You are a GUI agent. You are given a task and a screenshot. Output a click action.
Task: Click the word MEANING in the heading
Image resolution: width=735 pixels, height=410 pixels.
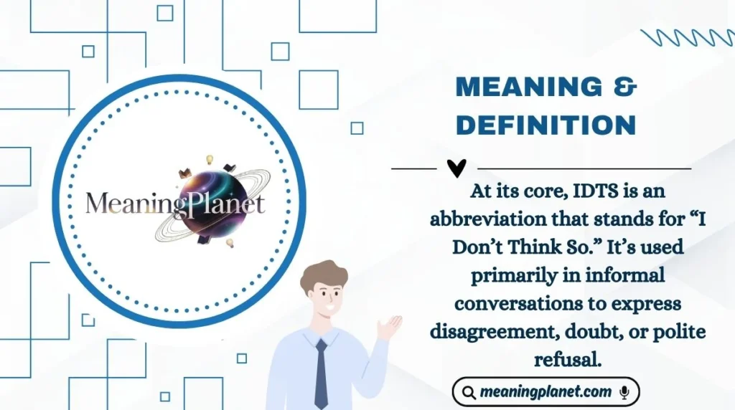(x=528, y=87)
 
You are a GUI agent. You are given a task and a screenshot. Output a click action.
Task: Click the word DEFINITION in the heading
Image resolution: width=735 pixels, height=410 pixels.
(x=546, y=125)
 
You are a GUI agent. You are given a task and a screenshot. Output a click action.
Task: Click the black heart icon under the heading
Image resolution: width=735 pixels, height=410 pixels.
(x=457, y=168)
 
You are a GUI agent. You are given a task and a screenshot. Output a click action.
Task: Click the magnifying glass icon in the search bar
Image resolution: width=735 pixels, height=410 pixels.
(x=469, y=393)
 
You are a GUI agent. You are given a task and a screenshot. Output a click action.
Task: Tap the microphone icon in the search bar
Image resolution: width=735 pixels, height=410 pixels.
(x=624, y=392)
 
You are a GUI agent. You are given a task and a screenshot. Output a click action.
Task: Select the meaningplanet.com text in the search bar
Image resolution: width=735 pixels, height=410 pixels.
(x=546, y=392)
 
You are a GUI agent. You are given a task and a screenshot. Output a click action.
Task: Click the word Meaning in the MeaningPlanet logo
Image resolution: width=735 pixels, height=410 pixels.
(x=130, y=204)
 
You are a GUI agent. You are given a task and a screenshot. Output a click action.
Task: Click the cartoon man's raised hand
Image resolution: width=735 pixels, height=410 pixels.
(x=389, y=327)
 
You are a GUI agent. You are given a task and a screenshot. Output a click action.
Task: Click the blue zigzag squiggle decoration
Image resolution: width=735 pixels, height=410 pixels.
(x=686, y=37)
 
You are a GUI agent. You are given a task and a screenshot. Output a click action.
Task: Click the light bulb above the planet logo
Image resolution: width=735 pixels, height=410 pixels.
(x=210, y=159)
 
